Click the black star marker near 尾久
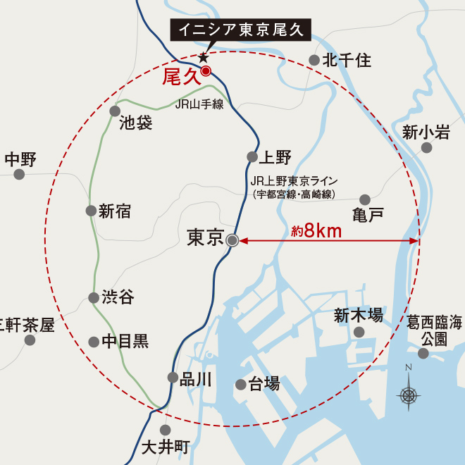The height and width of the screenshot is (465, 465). pyautogui.click(x=203, y=57)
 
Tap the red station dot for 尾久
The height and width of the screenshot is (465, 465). pyautogui.click(x=206, y=70)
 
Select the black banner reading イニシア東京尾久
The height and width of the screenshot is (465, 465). pyautogui.click(x=240, y=30)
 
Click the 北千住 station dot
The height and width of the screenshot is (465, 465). pyautogui.click(x=314, y=61)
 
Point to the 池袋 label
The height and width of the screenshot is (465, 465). pyautogui.click(x=136, y=123)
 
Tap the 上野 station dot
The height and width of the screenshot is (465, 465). pyautogui.click(x=252, y=157)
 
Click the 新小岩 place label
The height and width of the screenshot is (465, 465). pyautogui.click(x=426, y=132)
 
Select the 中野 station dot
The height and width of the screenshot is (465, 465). pyautogui.click(x=20, y=175)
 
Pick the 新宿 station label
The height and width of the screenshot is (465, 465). pyautogui.click(x=115, y=211)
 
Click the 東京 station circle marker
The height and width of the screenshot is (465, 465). pyautogui.click(x=233, y=240)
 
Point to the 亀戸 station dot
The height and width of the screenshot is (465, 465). pyautogui.click(x=365, y=200)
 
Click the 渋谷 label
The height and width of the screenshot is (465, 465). pyautogui.click(x=118, y=298)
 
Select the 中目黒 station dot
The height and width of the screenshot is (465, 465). pyautogui.click(x=94, y=342)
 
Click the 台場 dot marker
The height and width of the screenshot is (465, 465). pyautogui.click(x=241, y=385)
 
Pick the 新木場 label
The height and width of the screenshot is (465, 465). pyautogui.click(x=359, y=315)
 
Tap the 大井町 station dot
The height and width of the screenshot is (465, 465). pyautogui.click(x=166, y=429)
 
